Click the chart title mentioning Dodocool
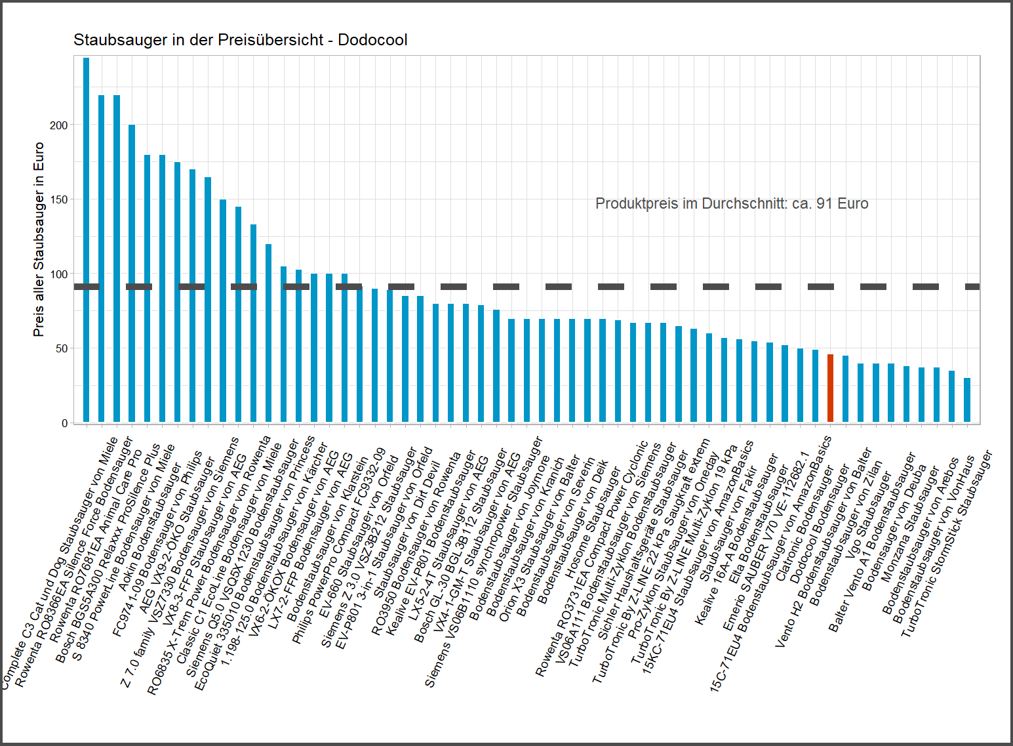tap(240, 40)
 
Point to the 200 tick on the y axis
tap(59, 125)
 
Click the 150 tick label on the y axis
tap(59, 199)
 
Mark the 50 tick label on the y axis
tap(61, 348)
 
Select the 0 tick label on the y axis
tap(64, 423)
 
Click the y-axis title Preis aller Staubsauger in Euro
tap(39, 239)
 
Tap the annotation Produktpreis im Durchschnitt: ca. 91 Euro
tap(732, 204)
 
